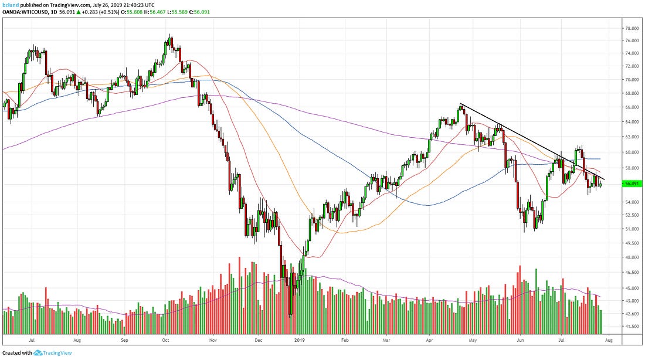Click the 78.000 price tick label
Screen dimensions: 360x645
click(x=632, y=28)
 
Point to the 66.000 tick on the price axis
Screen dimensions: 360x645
click(x=632, y=107)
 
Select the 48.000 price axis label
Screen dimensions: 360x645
click(x=632, y=257)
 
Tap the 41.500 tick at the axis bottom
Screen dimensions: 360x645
click(x=632, y=326)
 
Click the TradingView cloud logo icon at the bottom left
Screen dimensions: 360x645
click(x=39, y=353)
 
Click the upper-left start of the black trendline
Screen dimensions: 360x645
click(x=461, y=104)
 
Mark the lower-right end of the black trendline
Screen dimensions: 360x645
click(x=605, y=179)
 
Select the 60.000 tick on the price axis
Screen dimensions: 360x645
click(x=632, y=152)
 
